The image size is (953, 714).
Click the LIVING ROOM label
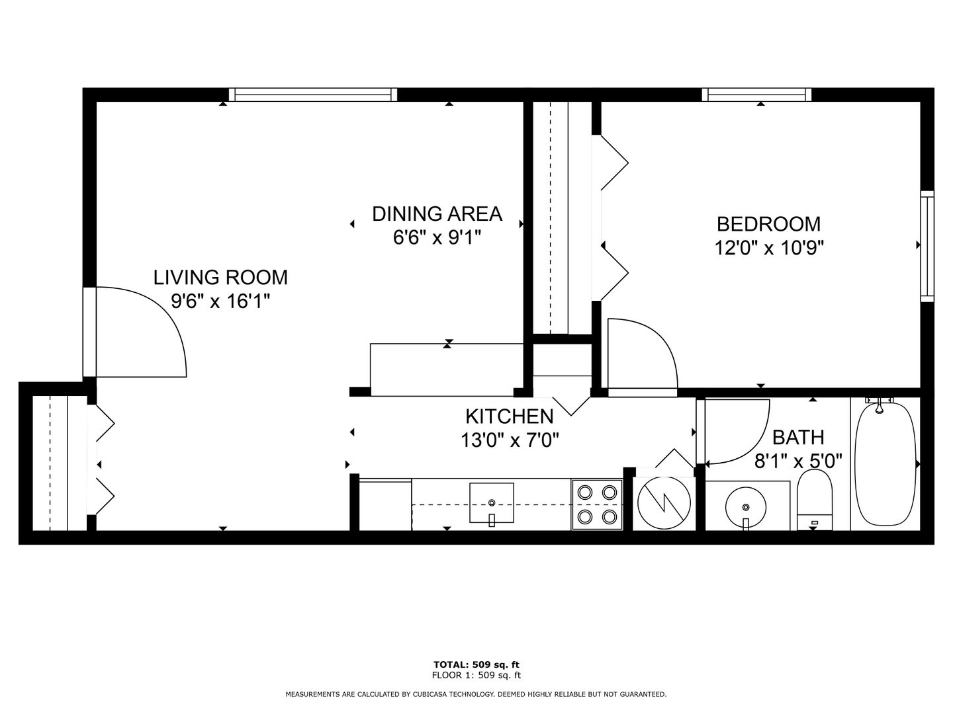coord(220,278)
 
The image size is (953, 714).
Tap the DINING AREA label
coord(437,214)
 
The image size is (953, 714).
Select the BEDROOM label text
coord(768,224)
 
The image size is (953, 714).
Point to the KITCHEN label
coord(510,416)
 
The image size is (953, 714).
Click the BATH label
coord(798,438)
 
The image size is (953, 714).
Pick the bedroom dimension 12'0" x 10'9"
coord(769,249)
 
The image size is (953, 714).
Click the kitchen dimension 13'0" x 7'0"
coord(510,441)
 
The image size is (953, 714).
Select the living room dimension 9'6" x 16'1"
coord(220,301)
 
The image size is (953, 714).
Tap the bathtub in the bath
coord(885,464)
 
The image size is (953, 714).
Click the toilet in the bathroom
coord(814,499)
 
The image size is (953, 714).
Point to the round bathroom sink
coord(746,507)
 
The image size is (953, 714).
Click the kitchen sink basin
coord(492,503)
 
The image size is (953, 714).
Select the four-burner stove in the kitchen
coord(597,504)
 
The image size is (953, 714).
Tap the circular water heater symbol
coord(664,503)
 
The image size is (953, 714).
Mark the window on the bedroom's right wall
coord(927,246)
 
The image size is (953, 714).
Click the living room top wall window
coord(313,95)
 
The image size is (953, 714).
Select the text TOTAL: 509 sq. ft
coord(476,664)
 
